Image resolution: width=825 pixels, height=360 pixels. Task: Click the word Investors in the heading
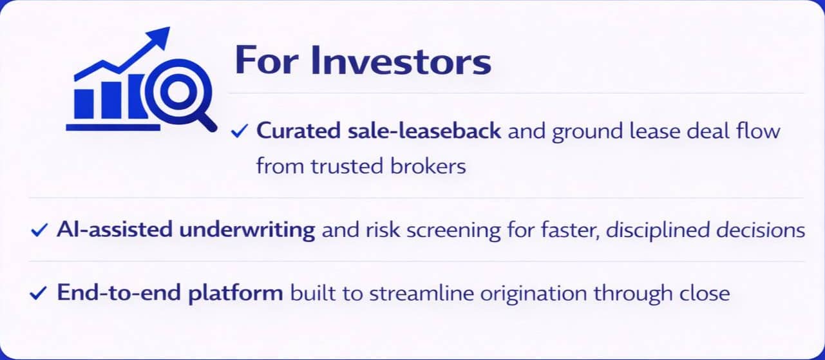pyautogui.click(x=401, y=60)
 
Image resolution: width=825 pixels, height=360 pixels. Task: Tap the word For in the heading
pyautogui.click(x=266, y=60)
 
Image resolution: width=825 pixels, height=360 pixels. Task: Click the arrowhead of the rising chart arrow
pyautogui.click(x=158, y=37)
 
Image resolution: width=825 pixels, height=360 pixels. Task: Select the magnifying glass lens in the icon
pyautogui.click(x=178, y=91)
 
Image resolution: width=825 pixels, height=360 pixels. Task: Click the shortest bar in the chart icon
pyautogui.click(x=84, y=104)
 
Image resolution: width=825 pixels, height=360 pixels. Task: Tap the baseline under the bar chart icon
pyautogui.click(x=113, y=128)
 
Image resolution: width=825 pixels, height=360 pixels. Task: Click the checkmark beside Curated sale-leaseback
pyautogui.click(x=240, y=131)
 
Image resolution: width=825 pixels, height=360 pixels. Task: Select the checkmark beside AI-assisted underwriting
pyautogui.click(x=39, y=230)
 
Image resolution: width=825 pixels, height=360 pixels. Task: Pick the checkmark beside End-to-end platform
pyautogui.click(x=38, y=293)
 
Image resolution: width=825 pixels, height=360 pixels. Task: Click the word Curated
pyautogui.click(x=298, y=131)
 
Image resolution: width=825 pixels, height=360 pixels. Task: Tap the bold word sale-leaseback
pyautogui.click(x=424, y=131)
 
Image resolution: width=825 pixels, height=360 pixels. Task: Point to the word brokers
pyautogui.click(x=428, y=166)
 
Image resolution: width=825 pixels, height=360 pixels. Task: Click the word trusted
pyautogui.click(x=347, y=166)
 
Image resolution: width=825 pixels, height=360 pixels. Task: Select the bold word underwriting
pyautogui.click(x=247, y=230)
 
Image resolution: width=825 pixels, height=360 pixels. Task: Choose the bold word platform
pyautogui.click(x=236, y=293)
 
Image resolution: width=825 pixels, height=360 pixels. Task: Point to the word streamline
pyautogui.click(x=421, y=293)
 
